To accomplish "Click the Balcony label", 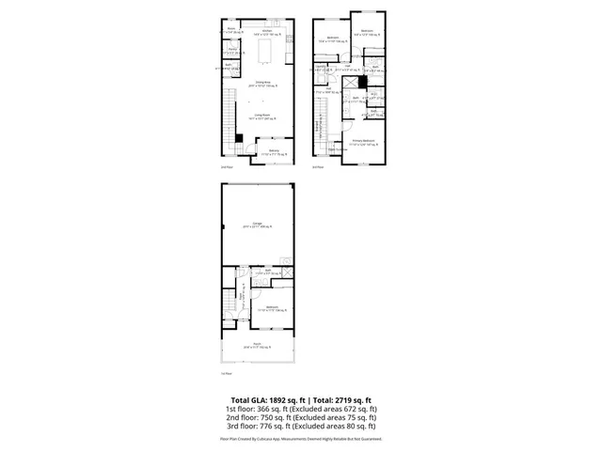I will pos(273,150).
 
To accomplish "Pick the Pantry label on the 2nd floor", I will pos(232,48).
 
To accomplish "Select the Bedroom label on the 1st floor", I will pos(272,307).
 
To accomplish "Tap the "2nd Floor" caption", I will pos(226,167).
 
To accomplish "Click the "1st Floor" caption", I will pos(226,374).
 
